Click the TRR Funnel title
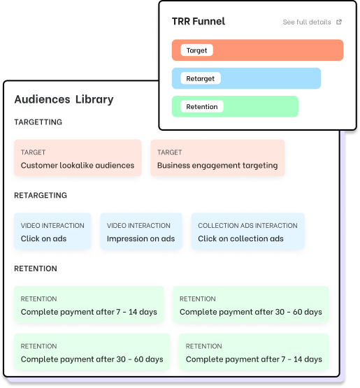pyautogui.click(x=199, y=21)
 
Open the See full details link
pyautogui.click(x=307, y=22)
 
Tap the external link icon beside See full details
pyautogui.click(x=339, y=22)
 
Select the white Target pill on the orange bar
pyautogui.click(x=196, y=50)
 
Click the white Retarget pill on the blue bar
pyautogui.click(x=201, y=78)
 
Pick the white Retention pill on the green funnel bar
pyautogui.click(x=202, y=106)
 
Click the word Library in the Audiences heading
pyautogui.click(x=94, y=99)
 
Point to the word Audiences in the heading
pyautogui.click(x=43, y=99)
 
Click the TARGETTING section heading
pyautogui.click(x=38, y=122)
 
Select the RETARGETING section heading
pyautogui.click(x=41, y=195)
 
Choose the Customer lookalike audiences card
pyautogui.click(x=78, y=158)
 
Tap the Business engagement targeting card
pyautogui.click(x=217, y=158)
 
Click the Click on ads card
pyautogui.click(x=52, y=231)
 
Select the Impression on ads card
pyautogui.click(x=141, y=231)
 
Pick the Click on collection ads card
pyautogui.click(x=248, y=231)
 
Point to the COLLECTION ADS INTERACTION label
pyautogui.click(x=247, y=225)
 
